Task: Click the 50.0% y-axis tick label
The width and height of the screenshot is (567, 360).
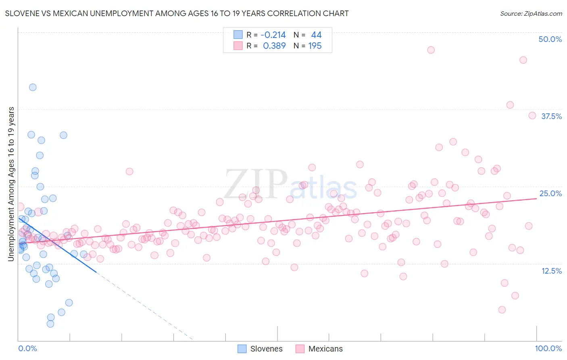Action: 550,39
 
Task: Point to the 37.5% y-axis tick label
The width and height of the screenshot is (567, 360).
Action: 551,116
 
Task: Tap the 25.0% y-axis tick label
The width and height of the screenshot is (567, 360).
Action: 550,193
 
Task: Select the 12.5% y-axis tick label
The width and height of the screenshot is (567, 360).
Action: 551,271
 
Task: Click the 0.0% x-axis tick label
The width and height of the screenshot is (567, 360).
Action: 27,348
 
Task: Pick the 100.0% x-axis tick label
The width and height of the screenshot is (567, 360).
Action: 548,348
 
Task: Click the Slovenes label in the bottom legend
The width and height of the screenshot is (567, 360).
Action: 266,349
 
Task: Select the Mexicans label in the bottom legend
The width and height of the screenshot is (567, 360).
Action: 325,349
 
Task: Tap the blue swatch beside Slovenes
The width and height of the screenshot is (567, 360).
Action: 242,349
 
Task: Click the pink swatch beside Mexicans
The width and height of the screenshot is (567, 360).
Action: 300,349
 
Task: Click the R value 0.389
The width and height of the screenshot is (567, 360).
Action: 274,46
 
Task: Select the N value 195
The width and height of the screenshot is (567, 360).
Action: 315,46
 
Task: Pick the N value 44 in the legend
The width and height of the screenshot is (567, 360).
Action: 316,35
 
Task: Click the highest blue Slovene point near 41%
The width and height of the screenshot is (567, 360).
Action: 33,87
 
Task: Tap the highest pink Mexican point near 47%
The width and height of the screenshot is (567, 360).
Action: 431,50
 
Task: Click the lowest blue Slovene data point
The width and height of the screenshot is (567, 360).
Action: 50,324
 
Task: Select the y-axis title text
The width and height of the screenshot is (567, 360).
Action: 11,184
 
